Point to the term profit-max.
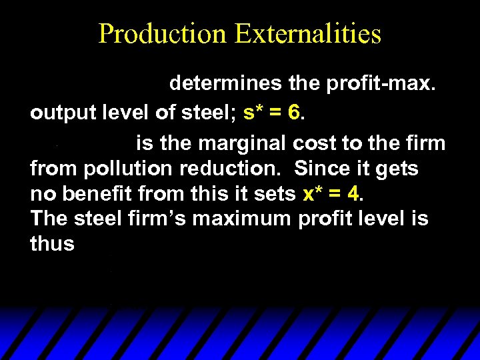point(373,84)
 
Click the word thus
point(52,244)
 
